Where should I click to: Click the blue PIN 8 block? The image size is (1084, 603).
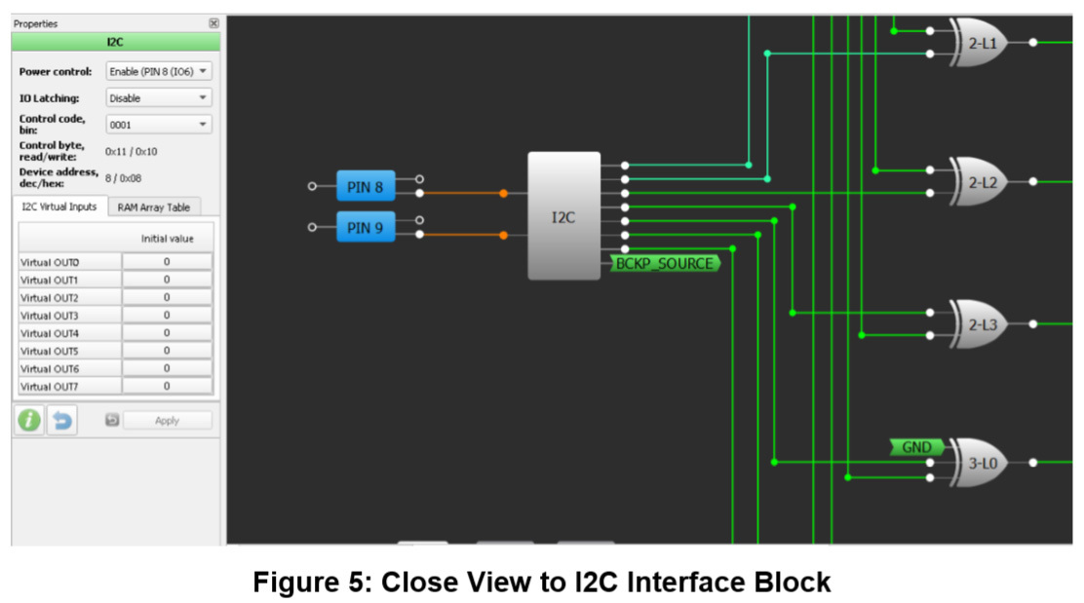point(366,186)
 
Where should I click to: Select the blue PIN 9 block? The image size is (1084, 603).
point(366,228)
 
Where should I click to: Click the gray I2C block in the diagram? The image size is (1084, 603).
point(563,216)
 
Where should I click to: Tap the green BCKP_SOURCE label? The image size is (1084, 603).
point(665,263)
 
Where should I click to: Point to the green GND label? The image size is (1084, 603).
point(916,447)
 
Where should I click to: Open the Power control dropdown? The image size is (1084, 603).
point(159,71)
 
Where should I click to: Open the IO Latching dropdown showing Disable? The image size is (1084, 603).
point(159,97)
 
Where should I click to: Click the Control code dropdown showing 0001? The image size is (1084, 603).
point(159,125)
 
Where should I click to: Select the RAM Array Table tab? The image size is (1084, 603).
point(154,207)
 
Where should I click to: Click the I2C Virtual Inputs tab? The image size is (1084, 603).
point(59,207)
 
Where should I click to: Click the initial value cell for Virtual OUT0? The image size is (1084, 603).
point(167,262)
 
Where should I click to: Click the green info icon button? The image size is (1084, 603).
point(29,420)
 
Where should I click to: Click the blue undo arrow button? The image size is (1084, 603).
point(62,421)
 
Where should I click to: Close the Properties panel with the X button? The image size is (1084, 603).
point(213,23)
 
